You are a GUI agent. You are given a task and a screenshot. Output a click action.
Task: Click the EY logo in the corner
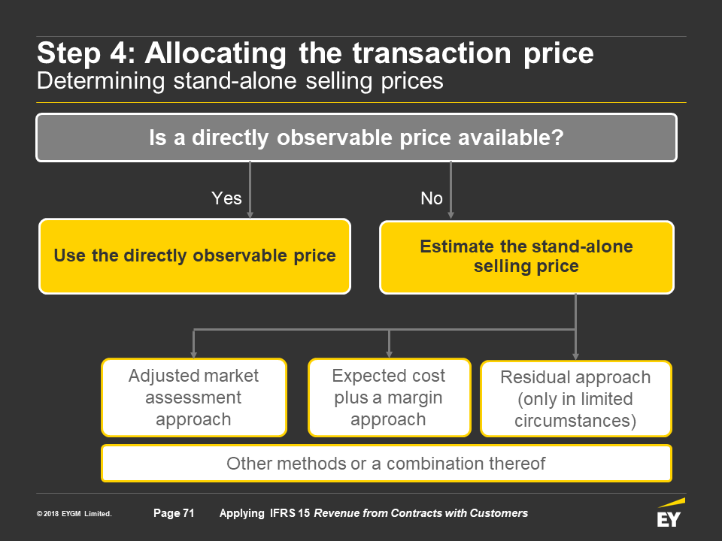tap(670, 512)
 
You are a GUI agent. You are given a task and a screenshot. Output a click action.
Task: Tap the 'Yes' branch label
tap(226, 198)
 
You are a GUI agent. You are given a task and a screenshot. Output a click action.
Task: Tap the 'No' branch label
tap(432, 198)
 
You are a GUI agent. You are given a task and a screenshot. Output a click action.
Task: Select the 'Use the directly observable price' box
tap(195, 256)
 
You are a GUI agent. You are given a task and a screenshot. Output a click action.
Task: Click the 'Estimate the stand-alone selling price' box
tap(526, 257)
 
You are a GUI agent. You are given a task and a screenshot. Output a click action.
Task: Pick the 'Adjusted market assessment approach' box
tap(194, 397)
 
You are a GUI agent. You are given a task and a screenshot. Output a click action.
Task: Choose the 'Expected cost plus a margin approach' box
tap(389, 397)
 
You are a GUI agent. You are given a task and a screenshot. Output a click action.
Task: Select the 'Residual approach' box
tap(575, 398)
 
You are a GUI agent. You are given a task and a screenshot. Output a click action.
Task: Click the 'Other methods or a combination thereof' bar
tap(387, 464)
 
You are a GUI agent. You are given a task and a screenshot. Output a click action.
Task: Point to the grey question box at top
tap(356, 138)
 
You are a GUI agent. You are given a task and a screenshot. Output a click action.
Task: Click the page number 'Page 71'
tap(174, 513)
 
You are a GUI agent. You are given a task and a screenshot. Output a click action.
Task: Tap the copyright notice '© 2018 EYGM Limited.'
tap(74, 513)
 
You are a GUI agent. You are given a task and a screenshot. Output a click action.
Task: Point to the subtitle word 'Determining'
tap(101, 80)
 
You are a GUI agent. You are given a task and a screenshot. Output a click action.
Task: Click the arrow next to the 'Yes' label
tap(250, 189)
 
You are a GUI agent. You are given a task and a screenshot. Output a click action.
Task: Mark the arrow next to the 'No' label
tap(450, 190)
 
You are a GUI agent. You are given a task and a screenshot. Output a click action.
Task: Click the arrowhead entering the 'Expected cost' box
tap(389, 355)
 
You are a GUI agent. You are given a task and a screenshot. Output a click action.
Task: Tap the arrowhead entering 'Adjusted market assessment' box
tap(194, 355)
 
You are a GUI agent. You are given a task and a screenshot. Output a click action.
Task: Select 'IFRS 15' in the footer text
tap(290, 513)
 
